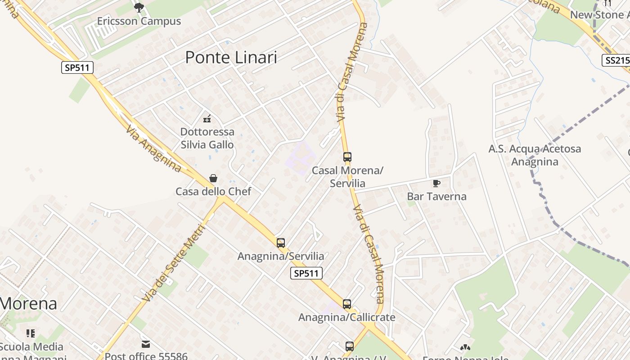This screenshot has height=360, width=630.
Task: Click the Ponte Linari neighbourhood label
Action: coord(231,58)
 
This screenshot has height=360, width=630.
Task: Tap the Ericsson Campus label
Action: coord(139,21)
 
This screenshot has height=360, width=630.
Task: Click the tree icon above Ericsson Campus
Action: coord(139,7)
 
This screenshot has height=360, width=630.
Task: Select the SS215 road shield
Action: coord(615,60)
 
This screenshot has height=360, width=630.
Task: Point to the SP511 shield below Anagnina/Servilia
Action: coord(306,273)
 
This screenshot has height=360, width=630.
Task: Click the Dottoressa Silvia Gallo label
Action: coord(207,138)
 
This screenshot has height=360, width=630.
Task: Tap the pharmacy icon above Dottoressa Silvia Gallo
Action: coord(207,119)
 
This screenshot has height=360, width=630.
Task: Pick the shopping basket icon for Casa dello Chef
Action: coord(213,178)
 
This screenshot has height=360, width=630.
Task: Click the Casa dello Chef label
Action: coord(213,191)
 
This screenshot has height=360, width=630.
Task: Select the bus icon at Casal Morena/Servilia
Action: coord(347,157)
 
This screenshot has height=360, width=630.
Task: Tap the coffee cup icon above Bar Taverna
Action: coord(436,183)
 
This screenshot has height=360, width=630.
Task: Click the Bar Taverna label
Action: coord(436,197)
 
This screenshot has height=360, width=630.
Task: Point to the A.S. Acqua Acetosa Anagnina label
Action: coord(535,155)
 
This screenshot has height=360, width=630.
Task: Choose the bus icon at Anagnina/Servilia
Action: coord(281,243)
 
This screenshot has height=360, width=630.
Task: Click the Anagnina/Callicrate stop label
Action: coord(346,317)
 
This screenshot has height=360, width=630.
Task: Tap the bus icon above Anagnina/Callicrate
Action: coord(346,304)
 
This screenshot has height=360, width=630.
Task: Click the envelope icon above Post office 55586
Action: coord(146,344)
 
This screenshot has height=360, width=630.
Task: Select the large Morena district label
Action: coord(28,303)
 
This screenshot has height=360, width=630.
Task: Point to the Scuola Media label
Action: coord(31,347)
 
